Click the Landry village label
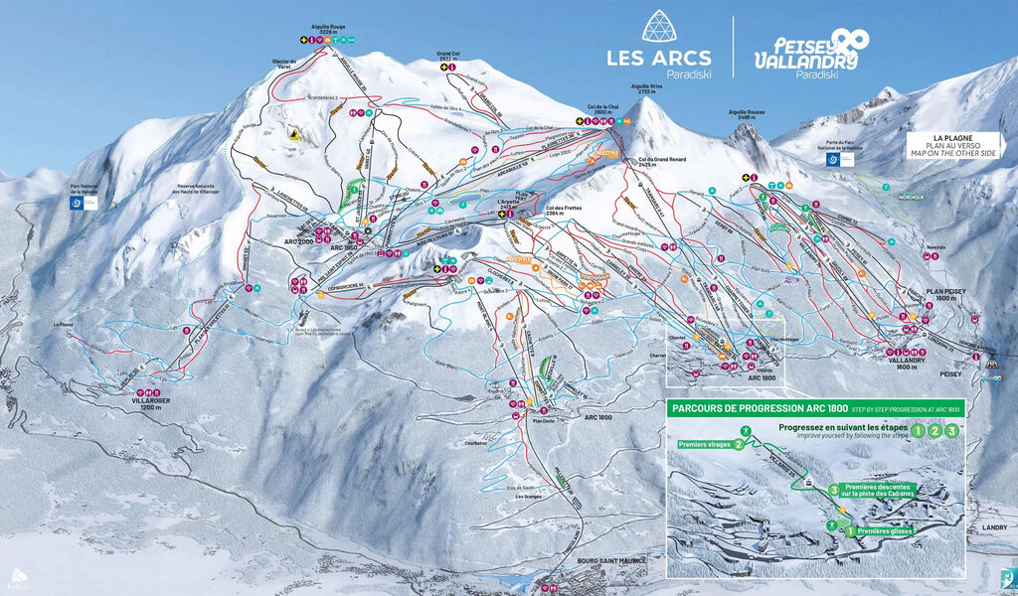coord(994,528)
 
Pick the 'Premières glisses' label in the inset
coord(884,530)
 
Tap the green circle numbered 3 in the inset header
coord(952,431)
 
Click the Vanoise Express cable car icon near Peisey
coord(992,376)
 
